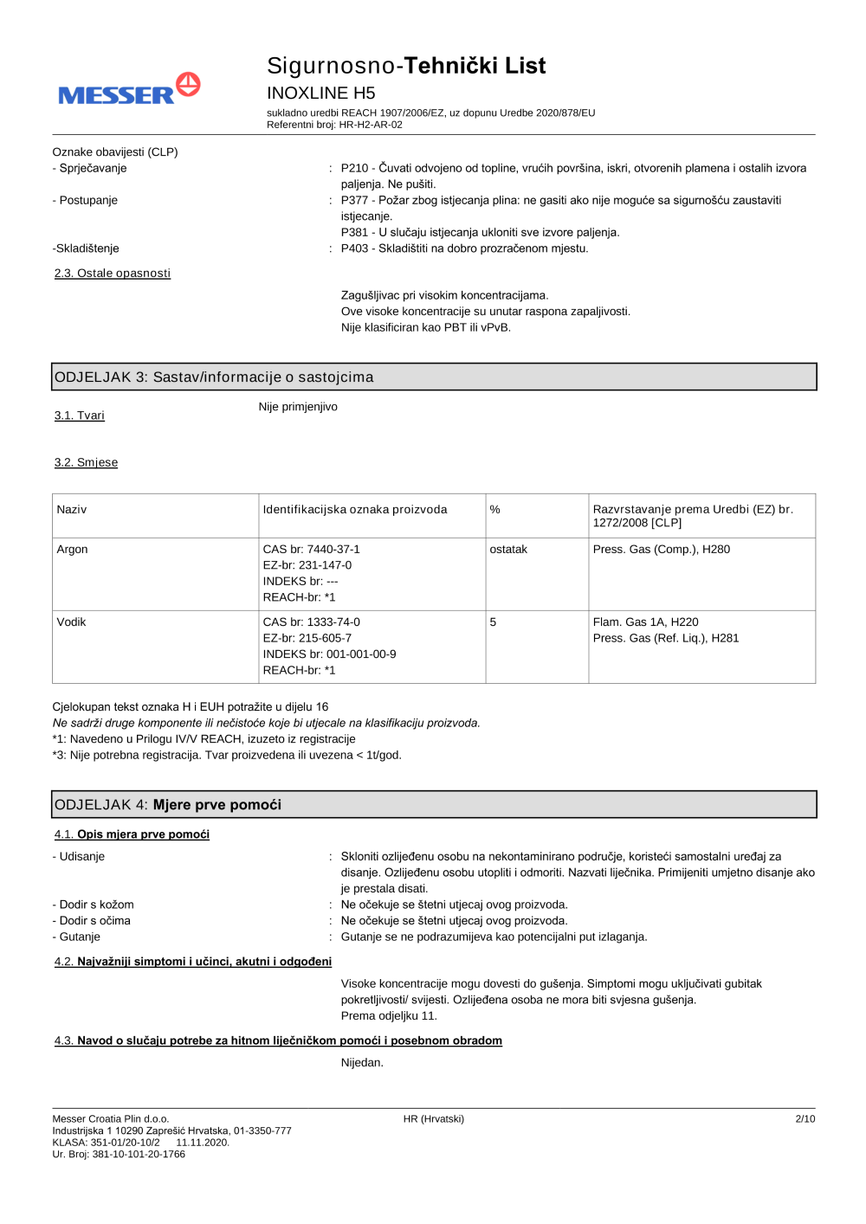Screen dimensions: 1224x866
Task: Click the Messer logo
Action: click(x=129, y=90)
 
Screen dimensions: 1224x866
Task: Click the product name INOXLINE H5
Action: click(x=320, y=93)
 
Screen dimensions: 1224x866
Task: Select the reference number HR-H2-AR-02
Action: click(x=371, y=125)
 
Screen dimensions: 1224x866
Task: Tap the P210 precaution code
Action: click(x=354, y=168)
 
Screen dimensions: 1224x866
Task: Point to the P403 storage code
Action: click(x=354, y=248)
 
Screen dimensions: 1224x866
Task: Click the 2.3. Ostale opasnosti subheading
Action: click(x=113, y=274)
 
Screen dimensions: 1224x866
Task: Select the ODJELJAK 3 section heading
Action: click(x=214, y=377)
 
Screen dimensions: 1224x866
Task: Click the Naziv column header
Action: click(x=72, y=510)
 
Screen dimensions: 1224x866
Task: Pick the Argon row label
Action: click(x=73, y=550)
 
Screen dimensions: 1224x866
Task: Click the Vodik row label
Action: click(x=72, y=622)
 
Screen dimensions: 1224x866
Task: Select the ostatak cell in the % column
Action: click(x=508, y=550)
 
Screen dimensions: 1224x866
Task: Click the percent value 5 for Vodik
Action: click(x=494, y=622)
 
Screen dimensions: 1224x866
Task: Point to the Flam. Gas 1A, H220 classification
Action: click(x=645, y=622)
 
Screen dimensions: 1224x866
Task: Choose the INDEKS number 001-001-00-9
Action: click(x=361, y=654)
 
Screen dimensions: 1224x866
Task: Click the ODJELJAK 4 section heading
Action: click(x=168, y=805)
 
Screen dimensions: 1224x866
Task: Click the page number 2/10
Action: click(x=805, y=1119)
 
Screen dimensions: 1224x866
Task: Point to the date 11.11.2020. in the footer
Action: click(x=203, y=1143)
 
